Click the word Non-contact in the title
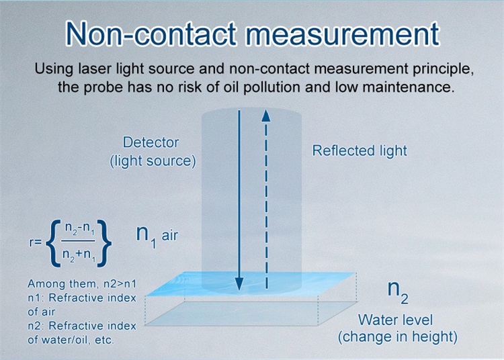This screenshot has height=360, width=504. (x=151, y=34)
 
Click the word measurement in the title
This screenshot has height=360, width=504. (x=342, y=34)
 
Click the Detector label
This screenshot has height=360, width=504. (x=151, y=142)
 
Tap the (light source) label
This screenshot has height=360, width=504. (x=153, y=161)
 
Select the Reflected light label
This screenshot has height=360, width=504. (x=360, y=150)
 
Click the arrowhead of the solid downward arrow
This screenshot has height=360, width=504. (x=239, y=284)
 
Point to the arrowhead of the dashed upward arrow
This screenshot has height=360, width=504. (x=266, y=116)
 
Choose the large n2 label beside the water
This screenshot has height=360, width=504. (x=398, y=291)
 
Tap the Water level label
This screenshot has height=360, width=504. (x=395, y=320)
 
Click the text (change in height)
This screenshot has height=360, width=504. (x=398, y=337)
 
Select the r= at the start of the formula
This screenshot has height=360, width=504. (x=36, y=242)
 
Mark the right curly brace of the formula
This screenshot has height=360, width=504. (x=104, y=242)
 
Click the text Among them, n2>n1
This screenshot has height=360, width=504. (x=82, y=284)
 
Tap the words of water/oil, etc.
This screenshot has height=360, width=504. (x=71, y=339)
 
